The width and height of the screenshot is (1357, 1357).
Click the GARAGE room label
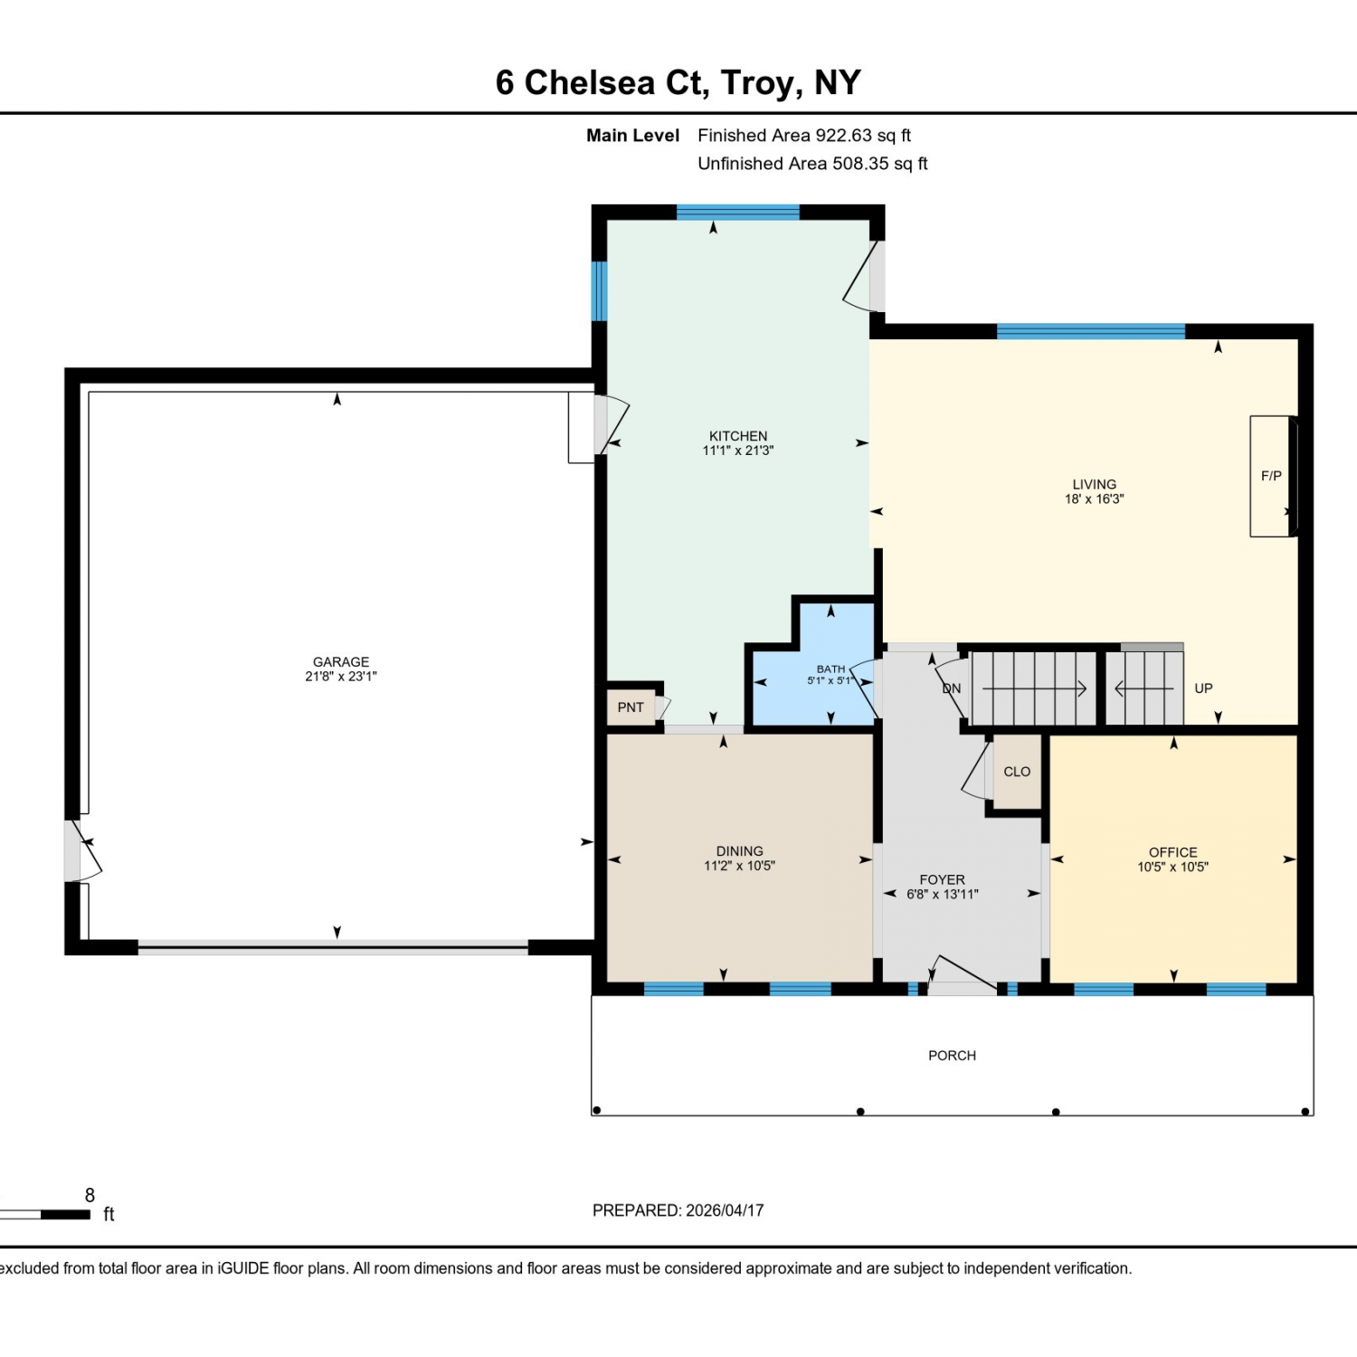(341, 662)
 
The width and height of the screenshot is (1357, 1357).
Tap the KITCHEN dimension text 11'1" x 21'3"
(738, 451)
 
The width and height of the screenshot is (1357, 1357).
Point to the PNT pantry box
(631, 707)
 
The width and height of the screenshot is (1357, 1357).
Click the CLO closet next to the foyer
(1017, 772)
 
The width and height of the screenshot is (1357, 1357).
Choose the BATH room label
(830, 669)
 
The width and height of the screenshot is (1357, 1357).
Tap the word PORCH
(952, 1056)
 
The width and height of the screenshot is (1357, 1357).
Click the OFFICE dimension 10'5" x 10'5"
(1173, 867)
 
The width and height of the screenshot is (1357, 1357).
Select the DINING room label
(740, 851)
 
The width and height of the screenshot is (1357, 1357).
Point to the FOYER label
(943, 879)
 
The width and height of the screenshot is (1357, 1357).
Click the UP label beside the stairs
(1203, 688)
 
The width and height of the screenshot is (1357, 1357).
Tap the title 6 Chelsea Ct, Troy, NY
(678, 82)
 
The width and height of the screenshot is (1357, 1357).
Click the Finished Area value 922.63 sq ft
(863, 136)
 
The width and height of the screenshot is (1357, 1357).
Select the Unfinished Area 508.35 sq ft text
(812, 164)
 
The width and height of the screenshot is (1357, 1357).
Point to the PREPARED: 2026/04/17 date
(678, 1210)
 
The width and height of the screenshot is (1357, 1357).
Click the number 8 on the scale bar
(90, 1196)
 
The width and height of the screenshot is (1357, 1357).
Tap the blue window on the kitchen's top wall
(738, 213)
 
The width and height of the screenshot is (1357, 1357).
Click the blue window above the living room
(1091, 331)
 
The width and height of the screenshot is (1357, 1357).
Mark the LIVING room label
(1095, 485)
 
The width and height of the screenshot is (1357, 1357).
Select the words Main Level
(632, 136)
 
